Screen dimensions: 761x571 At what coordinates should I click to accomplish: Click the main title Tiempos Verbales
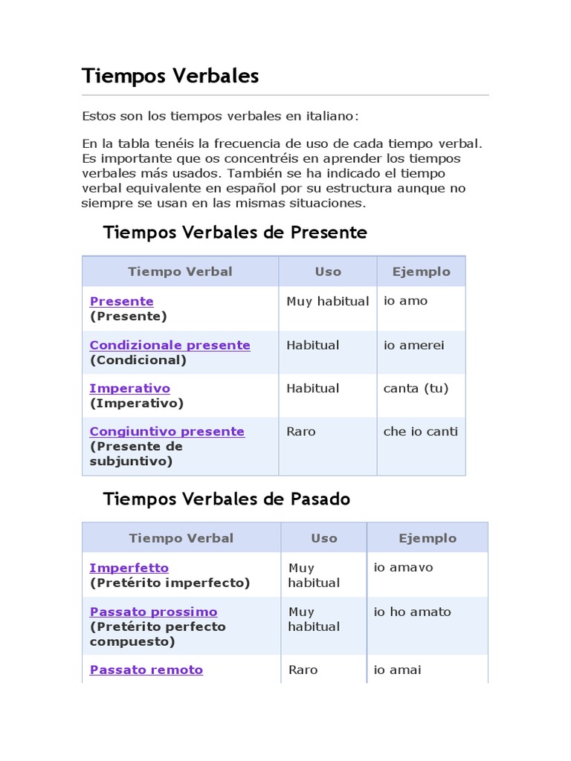click(170, 76)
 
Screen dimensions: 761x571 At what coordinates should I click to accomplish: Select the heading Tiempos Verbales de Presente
click(235, 233)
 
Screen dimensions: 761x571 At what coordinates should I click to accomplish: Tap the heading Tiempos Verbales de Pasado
click(226, 499)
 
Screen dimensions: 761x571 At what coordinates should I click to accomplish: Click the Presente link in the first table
click(121, 301)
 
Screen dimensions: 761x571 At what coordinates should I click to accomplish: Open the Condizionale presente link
click(170, 345)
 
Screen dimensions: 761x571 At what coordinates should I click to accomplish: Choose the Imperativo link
click(129, 388)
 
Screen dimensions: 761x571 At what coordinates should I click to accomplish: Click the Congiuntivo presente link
click(167, 431)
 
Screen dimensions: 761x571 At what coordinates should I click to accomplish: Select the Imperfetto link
click(129, 568)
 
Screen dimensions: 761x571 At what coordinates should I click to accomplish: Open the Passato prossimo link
click(153, 612)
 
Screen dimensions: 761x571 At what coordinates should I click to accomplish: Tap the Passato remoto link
click(146, 670)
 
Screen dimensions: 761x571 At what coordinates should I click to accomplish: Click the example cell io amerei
click(413, 345)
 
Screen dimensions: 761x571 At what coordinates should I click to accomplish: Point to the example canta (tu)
click(416, 388)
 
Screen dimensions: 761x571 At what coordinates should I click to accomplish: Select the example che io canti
click(420, 431)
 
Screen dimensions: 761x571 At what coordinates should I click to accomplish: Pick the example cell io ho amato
click(412, 612)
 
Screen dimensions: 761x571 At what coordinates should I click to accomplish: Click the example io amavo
click(403, 568)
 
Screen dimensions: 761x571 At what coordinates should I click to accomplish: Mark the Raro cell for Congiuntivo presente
click(301, 431)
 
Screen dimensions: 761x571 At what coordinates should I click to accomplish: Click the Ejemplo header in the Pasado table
click(428, 538)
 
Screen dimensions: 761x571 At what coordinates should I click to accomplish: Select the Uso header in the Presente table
click(328, 271)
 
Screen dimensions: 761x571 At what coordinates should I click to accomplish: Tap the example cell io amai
click(397, 670)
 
